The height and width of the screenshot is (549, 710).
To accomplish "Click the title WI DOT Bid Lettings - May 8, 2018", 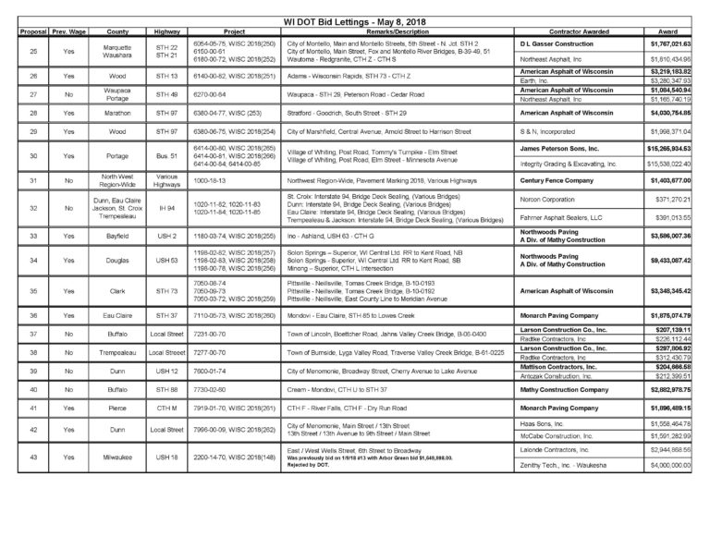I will (355, 20).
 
